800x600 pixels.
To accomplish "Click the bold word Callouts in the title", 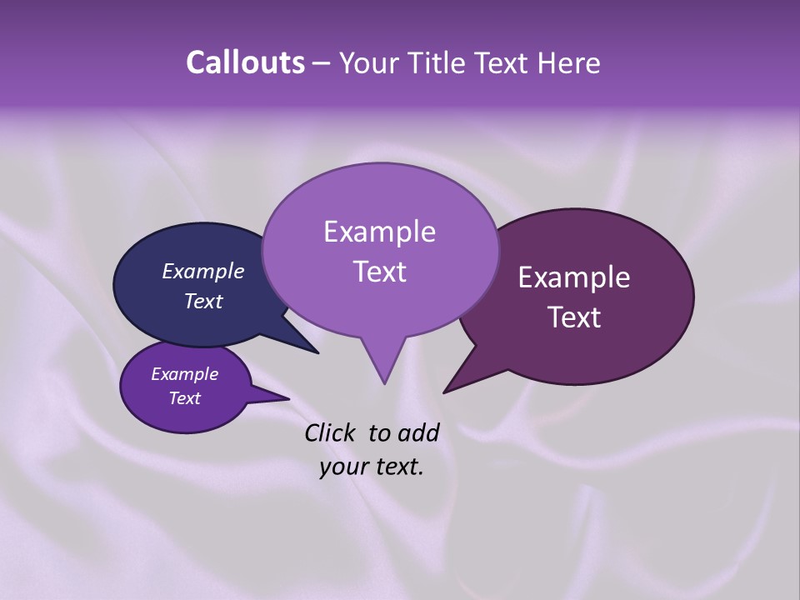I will click(245, 62).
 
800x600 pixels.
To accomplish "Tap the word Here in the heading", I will click(566, 62).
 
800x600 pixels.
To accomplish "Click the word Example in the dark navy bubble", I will click(202, 271).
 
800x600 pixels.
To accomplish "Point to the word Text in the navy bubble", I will click(202, 301).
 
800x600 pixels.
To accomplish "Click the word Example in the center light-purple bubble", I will click(379, 232).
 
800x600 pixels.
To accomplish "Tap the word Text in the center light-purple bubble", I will click(379, 272).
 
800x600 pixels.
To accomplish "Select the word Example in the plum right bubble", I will click(574, 277).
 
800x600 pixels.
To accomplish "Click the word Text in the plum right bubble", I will click(574, 317).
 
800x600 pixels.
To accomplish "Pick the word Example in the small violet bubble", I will click(184, 374).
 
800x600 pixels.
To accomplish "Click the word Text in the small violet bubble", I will click(184, 398).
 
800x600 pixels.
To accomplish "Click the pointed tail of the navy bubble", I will click(317, 352).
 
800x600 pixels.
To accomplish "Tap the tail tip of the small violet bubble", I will click(287, 398).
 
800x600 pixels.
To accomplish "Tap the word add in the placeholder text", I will click(419, 432).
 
